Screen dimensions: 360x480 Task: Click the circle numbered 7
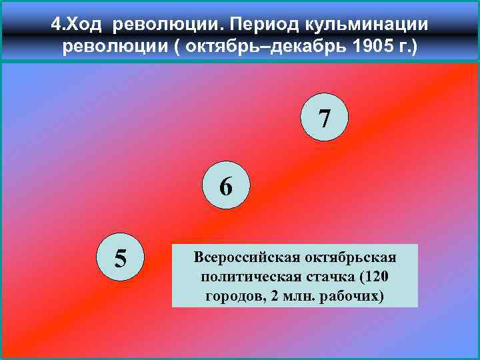324,119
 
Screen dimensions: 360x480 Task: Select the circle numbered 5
121,256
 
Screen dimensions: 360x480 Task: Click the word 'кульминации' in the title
366,25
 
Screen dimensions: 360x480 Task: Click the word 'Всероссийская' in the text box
240,257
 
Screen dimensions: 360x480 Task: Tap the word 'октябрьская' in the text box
343,257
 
